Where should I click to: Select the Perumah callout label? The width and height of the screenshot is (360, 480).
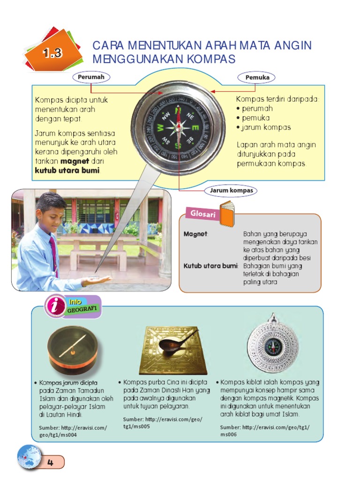pyautogui.click(x=91, y=77)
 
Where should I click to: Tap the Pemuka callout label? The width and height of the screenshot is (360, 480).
pyautogui.click(x=257, y=77)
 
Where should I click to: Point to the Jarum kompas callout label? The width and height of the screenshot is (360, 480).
pyautogui.click(x=231, y=190)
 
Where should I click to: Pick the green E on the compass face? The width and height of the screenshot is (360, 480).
pyautogui.click(x=196, y=127)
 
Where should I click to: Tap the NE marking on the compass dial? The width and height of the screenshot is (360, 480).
pyautogui.click(x=190, y=116)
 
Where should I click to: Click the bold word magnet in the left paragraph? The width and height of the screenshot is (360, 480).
pyautogui.click(x=75, y=161)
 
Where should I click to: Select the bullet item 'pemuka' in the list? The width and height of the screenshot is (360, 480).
pyautogui.click(x=255, y=118)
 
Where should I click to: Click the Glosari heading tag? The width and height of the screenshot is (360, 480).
pyautogui.click(x=202, y=214)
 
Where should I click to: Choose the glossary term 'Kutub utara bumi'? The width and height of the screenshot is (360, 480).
pyautogui.click(x=210, y=266)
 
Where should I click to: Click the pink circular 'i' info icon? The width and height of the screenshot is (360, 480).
pyautogui.click(x=55, y=306)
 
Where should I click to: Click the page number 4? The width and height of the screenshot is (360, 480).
pyautogui.click(x=50, y=462)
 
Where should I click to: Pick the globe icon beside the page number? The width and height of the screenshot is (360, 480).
pyautogui.click(x=30, y=457)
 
